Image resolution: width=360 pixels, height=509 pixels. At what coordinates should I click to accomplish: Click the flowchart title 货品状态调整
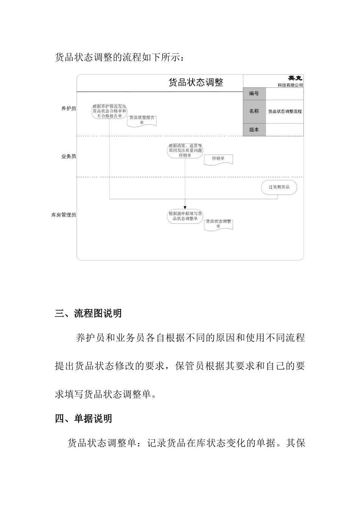(196, 82)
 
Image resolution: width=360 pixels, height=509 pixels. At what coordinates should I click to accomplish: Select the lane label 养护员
(69, 109)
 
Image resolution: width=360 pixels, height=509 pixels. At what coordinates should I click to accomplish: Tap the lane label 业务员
(69, 156)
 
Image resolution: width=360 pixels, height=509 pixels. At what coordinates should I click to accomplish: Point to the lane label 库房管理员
(64, 215)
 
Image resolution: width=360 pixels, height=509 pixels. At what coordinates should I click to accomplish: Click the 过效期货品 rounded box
(279, 187)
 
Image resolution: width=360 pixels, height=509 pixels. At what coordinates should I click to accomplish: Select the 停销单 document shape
(218, 159)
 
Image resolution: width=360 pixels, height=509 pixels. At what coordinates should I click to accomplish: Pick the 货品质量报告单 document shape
(142, 120)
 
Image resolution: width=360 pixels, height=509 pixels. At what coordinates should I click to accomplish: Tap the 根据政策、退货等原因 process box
(185, 150)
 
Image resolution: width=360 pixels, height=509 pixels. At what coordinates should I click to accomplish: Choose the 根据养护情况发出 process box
(109, 111)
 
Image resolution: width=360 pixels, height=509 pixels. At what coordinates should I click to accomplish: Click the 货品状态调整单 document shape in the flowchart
(218, 224)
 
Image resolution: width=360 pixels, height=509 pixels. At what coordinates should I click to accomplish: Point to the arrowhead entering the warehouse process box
(185, 207)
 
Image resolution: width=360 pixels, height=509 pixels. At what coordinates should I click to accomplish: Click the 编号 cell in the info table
(254, 94)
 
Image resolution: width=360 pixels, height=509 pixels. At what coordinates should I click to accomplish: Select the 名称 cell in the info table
(254, 111)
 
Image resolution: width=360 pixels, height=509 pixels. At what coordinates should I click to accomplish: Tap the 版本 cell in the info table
(254, 130)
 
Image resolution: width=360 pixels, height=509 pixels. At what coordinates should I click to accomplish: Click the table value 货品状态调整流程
(285, 111)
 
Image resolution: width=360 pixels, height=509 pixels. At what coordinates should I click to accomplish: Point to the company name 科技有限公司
(290, 85)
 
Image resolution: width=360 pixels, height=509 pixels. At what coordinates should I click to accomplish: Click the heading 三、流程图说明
(88, 314)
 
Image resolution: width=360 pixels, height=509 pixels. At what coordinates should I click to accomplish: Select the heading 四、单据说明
(83, 419)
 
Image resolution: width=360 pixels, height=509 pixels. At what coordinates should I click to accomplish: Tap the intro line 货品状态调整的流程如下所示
(120, 58)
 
